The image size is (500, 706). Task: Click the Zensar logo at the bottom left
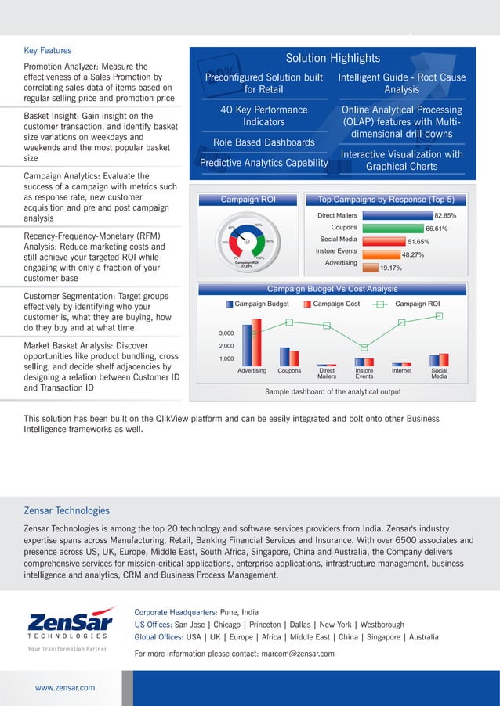[71, 625]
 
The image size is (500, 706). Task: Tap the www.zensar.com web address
[65, 687]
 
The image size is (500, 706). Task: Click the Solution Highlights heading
[332, 58]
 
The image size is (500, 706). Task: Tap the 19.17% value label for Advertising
[390, 268]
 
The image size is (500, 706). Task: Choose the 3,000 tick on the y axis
[226, 333]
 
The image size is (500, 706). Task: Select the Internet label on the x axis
[401, 371]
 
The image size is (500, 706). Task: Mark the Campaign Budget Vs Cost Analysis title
[332, 289]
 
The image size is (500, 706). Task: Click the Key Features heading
[48, 50]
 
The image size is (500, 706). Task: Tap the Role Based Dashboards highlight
[263, 142]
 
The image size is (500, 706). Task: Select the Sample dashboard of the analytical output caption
[333, 391]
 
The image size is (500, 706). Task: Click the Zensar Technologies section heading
[67, 510]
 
